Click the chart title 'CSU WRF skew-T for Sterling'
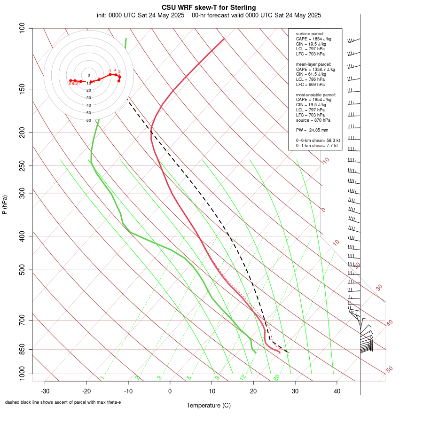209,8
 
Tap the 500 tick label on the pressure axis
22,270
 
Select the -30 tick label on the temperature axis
45,391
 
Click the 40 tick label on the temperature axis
337,391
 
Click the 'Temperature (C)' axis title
209,405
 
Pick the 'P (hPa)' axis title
5,204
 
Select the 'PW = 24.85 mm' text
312,130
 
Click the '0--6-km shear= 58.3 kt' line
318,140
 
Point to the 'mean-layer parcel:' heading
313,64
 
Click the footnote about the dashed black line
63,402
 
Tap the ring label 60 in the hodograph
88,120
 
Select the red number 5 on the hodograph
119,71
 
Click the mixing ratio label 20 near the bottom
276,377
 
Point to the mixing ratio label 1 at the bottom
102,378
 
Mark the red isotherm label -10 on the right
325,161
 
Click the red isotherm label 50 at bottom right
389,370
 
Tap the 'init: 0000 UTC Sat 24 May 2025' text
141,15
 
